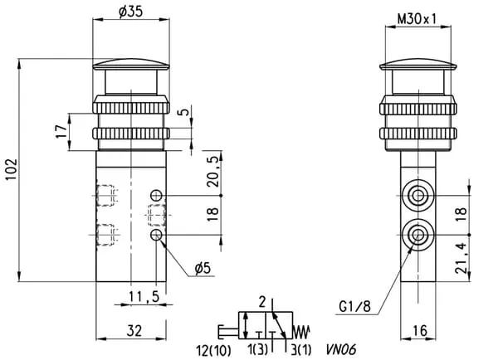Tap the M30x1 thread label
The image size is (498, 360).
coord(418,17)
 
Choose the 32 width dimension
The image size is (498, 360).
coord(134,330)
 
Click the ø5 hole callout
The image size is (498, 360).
coord(202,267)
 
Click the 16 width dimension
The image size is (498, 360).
coord(421,330)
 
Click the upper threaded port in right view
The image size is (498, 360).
coord(418,196)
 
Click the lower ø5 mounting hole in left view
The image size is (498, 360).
coord(157,236)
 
